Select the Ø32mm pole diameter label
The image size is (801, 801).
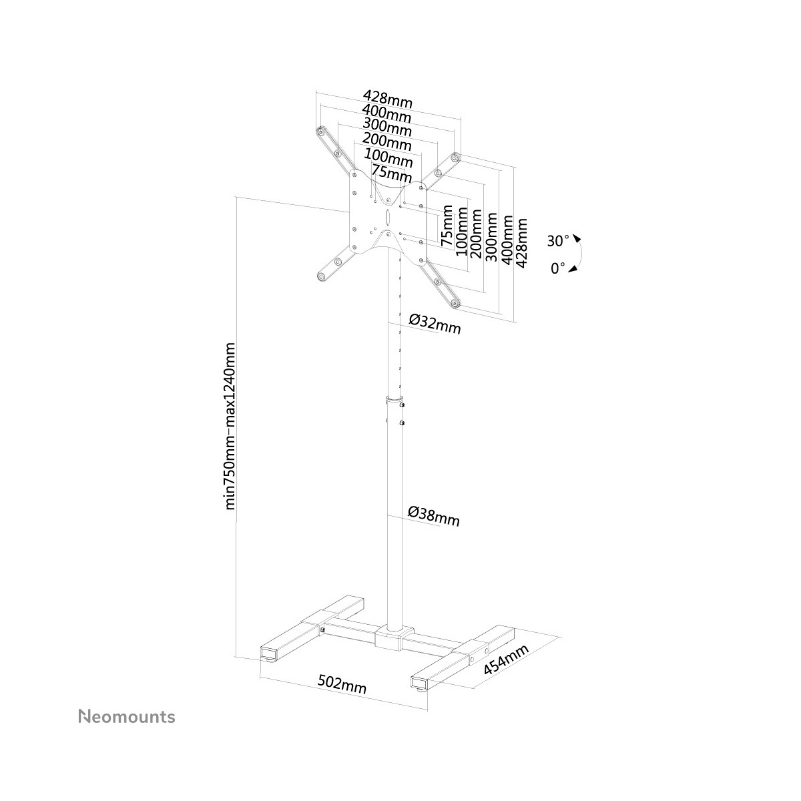pyautogui.click(x=435, y=324)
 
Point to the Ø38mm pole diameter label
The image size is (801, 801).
pyautogui.click(x=434, y=516)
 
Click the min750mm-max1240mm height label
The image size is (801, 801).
pyautogui.click(x=230, y=426)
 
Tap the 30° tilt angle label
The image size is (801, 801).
pyautogui.click(x=558, y=241)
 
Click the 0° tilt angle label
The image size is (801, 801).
pyautogui.click(x=558, y=268)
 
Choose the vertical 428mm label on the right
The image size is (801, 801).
pyautogui.click(x=521, y=243)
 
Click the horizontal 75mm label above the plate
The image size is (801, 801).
pyautogui.click(x=392, y=174)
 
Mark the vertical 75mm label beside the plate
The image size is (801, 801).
pyautogui.click(x=447, y=226)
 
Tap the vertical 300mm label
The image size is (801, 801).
pyautogui.click(x=492, y=237)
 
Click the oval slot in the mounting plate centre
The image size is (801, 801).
pyautogui.click(x=387, y=216)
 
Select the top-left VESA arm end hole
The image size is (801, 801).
pyautogui.click(x=320, y=131)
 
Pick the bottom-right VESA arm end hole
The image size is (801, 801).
pyautogui.click(x=456, y=304)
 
